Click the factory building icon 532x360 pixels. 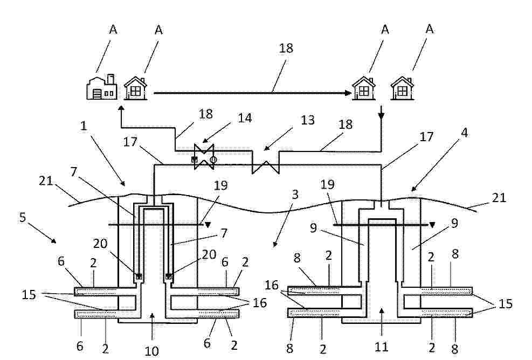click(x=102, y=87)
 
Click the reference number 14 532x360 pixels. click(x=245, y=117)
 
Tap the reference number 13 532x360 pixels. click(x=307, y=120)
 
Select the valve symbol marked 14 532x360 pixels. click(x=204, y=157)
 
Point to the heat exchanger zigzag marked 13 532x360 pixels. click(x=266, y=167)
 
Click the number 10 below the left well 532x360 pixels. click(x=151, y=351)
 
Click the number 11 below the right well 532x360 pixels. click(x=381, y=347)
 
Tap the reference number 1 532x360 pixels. click(x=84, y=126)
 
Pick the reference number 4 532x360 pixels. click(x=465, y=133)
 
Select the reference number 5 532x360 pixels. click(x=23, y=217)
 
